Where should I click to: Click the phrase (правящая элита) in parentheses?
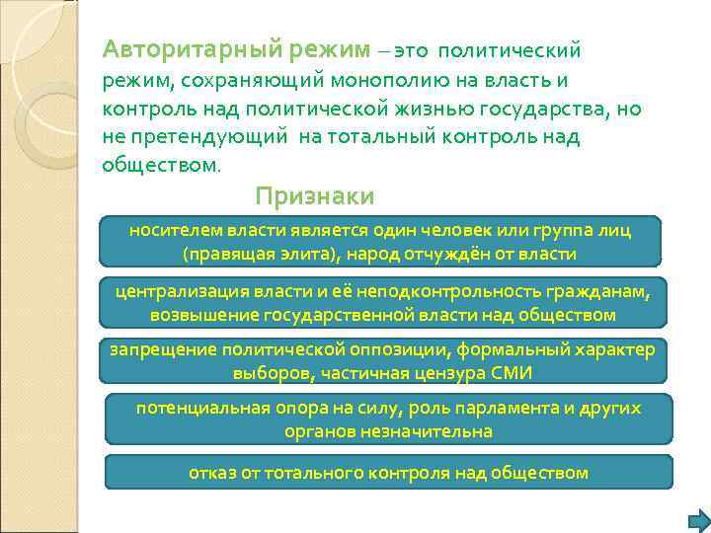pyautogui.click(x=260, y=254)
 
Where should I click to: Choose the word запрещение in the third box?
pyautogui.click(x=158, y=350)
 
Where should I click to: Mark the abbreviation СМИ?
pyautogui.click(x=515, y=375)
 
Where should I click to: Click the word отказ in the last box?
pyautogui.click(x=211, y=473)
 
